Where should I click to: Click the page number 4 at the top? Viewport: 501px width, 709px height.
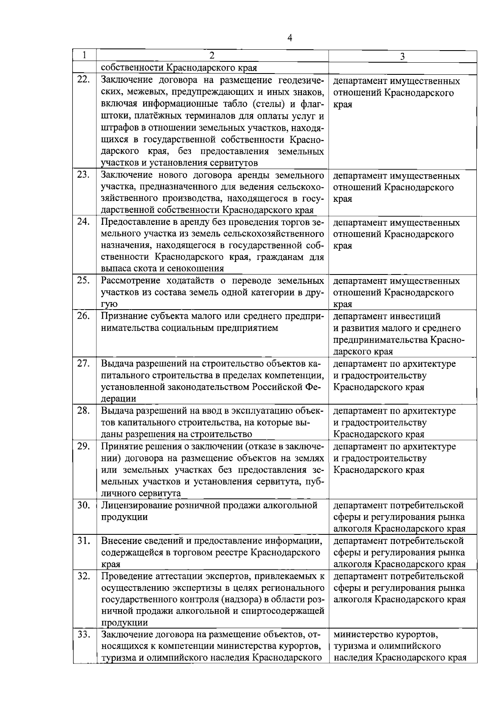[290, 38]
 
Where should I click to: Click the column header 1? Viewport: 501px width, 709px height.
[85, 55]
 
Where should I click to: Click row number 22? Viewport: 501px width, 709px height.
[84, 79]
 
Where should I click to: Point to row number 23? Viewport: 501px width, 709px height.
[84, 174]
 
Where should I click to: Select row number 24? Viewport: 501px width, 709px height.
[84, 221]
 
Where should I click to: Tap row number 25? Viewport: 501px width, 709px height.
[84, 280]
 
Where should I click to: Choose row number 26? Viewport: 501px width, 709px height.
[84, 315]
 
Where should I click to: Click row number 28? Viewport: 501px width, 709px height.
[84, 410]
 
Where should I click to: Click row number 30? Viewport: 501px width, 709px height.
[84, 505]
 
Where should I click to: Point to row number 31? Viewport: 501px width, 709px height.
[84, 540]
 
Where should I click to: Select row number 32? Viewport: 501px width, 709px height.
[84, 576]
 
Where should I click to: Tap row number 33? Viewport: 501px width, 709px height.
[84, 634]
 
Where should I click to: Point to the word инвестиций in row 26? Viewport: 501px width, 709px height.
[416, 316]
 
